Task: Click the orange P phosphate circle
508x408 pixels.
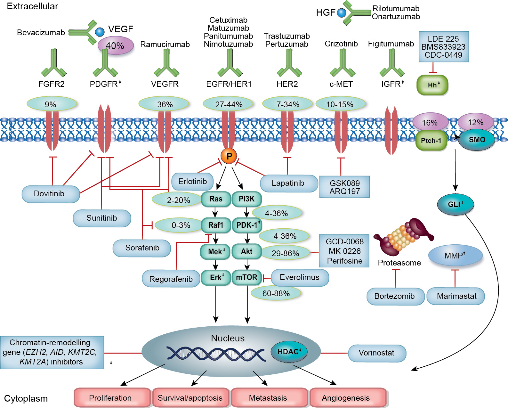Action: [x=229, y=156]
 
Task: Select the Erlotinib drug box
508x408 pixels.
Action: [x=192, y=182]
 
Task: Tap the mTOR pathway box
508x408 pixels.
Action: [x=246, y=277]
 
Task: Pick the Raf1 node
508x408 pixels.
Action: [x=216, y=225]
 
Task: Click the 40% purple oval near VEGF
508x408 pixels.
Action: [x=115, y=45]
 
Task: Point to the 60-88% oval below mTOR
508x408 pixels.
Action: [x=276, y=293]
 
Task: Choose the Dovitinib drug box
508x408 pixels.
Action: [x=50, y=194]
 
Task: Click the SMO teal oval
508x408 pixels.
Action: [x=477, y=140]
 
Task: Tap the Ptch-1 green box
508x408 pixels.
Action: [x=431, y=141]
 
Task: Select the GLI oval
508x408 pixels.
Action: [x=455, y=204]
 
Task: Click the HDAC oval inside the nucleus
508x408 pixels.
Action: [x=289, y=352]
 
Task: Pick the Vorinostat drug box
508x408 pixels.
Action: [x=377, y=353]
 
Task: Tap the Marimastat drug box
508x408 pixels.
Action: [x=456, y=296]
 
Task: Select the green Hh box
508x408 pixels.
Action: [x=432, y=85]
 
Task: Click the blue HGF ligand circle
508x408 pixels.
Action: [x=342, y=13]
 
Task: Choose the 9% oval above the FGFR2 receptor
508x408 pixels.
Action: [x=51, y=104]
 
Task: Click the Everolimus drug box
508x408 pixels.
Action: [x=300, y=277]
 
